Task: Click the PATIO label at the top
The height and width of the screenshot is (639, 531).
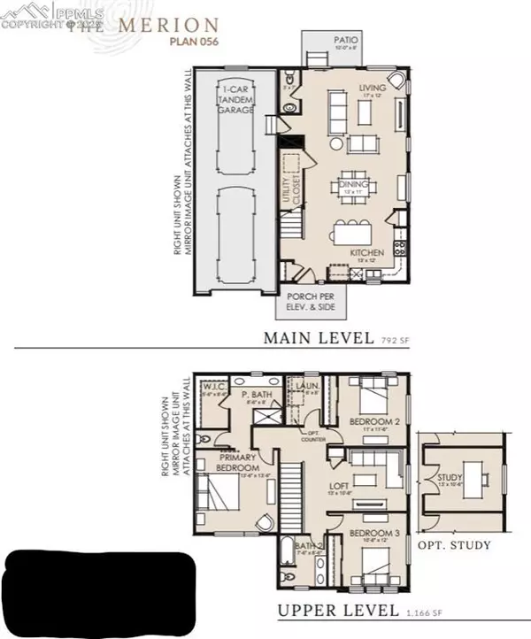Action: coord(345,40)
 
